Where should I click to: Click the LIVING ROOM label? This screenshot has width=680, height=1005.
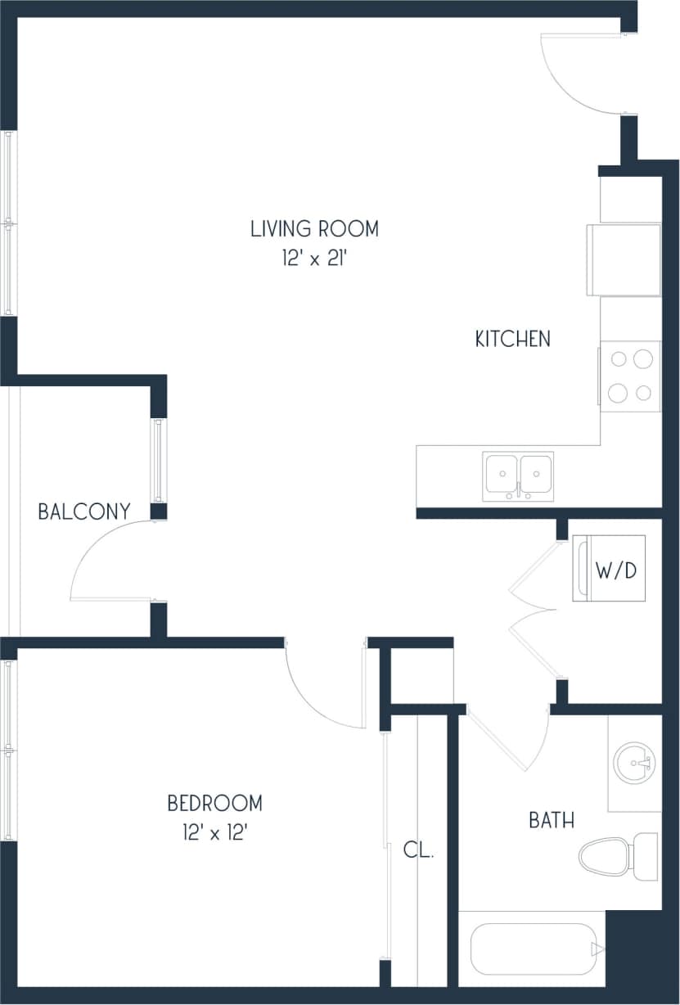point(314,229)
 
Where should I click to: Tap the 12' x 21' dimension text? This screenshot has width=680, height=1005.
point(314,259)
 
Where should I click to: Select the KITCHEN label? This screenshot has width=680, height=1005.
point(513,338)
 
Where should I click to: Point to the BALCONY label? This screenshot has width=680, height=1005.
point(83,512)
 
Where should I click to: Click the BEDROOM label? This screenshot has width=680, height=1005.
point(214,803)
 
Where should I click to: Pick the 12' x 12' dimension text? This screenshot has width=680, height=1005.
point(214,833)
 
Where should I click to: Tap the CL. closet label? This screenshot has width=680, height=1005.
point(417,850)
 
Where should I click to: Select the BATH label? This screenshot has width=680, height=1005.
point(551,820)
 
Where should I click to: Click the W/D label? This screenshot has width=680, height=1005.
point(615,570)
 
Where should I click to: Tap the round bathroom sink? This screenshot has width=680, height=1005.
point(633,763)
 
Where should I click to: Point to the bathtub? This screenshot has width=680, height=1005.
point(536,950)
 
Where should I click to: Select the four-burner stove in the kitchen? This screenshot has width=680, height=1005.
point(631,376)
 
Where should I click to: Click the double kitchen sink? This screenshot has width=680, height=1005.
point(518,475)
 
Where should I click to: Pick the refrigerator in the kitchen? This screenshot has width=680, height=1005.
point(624,259)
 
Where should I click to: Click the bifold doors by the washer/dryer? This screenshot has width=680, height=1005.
point(532,610)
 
